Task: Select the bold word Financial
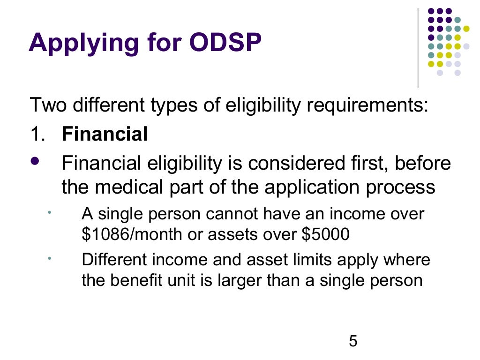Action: [105, 135]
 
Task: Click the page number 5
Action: [353, 341]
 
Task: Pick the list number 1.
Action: [36, 135]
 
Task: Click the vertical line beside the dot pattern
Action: [418, 47]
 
